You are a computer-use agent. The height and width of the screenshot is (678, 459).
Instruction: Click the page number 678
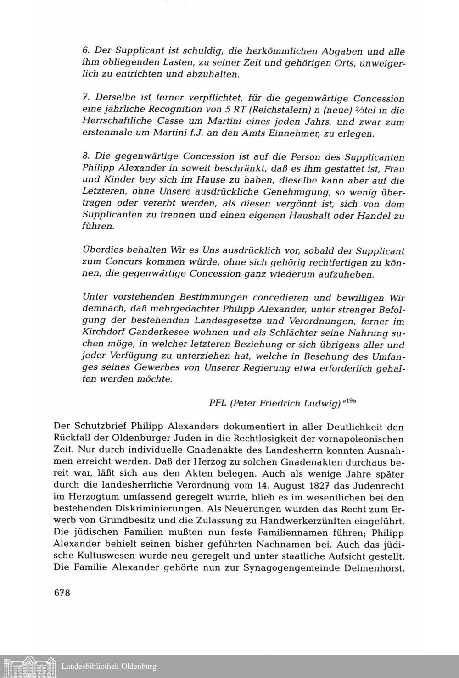pos(62,592)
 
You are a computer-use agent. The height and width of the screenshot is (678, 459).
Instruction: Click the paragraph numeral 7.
pos(85,98)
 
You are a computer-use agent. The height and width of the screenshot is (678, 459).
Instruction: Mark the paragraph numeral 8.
pos(85,157)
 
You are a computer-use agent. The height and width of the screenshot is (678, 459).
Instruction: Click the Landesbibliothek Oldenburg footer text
pos(109,666)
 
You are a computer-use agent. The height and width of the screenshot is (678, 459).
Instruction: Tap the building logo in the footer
pos(29,666)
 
